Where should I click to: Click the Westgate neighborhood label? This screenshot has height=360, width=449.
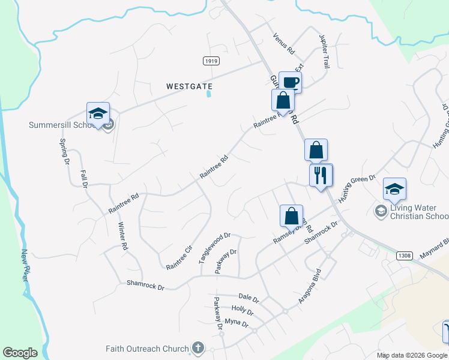click(x=189, y=86)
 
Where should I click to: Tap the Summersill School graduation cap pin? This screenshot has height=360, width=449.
click(x=98, y=113)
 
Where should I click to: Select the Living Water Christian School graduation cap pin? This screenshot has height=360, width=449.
click(x=395, y=189)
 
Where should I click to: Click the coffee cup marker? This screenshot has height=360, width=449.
click(x=290, y=82)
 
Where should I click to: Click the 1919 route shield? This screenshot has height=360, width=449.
click(x=211, y=61)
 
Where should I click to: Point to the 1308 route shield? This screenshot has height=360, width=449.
click(x=404, y=256)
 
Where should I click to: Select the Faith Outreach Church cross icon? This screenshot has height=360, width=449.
click(x=197, y=348)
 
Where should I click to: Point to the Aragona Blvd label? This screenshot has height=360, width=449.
click(x=310, y=286)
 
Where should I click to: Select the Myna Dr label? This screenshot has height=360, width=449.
click(x=236, y=323)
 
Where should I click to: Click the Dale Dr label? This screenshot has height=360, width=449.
click(x=248, y=298)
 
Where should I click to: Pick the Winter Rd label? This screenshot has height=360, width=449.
click(x=122, y=236)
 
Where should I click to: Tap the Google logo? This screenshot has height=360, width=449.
click(x=20, y=353)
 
